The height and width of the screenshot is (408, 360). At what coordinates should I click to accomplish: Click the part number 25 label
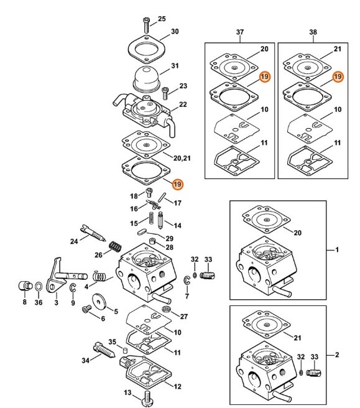pos(162,19)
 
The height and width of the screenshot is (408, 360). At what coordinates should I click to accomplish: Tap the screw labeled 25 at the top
pos(146,25)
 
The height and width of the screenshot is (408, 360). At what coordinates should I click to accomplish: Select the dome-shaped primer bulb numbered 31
pos(146,79)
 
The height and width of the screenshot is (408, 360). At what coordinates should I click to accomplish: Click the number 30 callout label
pos(175,32)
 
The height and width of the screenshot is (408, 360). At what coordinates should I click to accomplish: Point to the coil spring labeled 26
pos(115,247)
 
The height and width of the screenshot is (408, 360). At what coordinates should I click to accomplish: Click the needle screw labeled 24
pos(93,233)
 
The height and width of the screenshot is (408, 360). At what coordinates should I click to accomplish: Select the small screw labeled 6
pos(86,309)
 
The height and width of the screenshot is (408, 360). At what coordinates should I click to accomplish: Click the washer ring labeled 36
pos(38,287)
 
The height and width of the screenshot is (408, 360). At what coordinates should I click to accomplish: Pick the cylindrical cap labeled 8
pos(25,285)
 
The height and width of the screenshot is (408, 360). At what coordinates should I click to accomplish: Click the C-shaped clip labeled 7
pos(187,280)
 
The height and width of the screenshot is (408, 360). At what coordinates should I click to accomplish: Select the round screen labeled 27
pos(165,309)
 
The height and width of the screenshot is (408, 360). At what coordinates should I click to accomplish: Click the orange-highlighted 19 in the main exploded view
pos(177,184)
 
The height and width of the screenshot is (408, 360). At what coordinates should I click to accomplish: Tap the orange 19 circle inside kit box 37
pos(264,76)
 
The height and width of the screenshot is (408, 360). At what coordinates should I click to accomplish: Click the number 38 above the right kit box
pos(313,32)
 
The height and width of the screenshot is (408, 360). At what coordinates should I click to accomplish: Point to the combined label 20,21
pos(182,158)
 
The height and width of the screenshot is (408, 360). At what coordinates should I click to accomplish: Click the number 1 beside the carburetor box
pos(337,250)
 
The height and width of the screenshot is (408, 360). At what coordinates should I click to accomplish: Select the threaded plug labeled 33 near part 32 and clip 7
pos(207,275)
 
